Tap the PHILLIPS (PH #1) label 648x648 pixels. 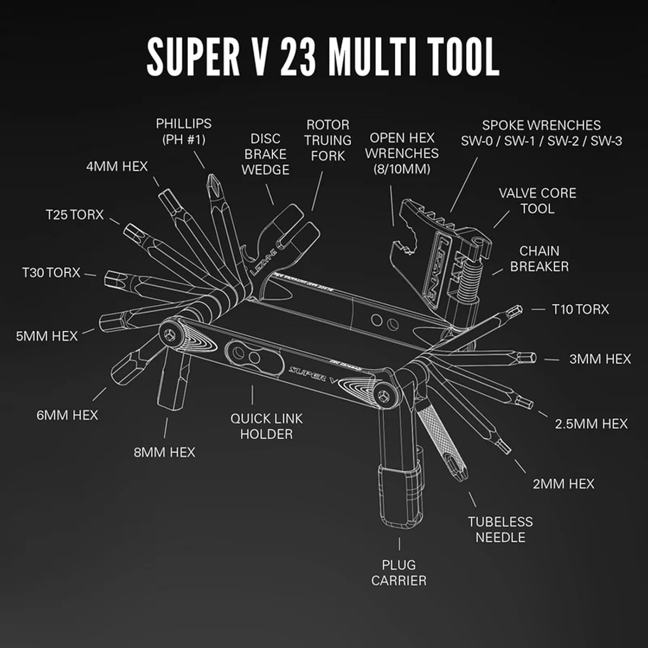coord(184,131)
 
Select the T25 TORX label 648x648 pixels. coord(75,215)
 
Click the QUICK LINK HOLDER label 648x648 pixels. coord(266,426)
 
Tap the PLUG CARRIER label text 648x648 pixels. coord(398,572)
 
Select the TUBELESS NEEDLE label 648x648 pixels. coord(500,529)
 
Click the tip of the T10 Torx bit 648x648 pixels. coord(516,310)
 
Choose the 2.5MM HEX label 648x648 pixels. coord(591,424)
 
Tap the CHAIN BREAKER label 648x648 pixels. coord(539,258)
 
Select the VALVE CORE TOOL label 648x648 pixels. coord(537,200)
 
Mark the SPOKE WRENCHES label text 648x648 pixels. coord(541,133)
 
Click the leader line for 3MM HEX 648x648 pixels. coord(552,359)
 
